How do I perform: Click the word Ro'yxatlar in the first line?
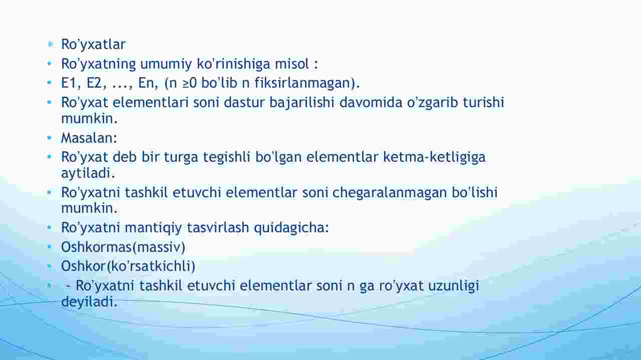point(93,45)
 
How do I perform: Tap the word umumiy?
point(166,64)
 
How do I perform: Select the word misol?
point(291,64)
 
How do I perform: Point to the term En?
point(148,83)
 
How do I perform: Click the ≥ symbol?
point(186,83)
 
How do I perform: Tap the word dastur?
point(244,102)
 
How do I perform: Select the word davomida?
point(371,102)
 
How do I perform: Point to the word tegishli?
point(227,157)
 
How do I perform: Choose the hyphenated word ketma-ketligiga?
point(434,157)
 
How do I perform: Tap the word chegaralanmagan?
point(390,192)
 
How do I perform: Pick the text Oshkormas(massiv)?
point(123,247)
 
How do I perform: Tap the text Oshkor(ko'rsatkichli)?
point(128,266)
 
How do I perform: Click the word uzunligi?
point(454,285)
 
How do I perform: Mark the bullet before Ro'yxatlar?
point(51,45)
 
